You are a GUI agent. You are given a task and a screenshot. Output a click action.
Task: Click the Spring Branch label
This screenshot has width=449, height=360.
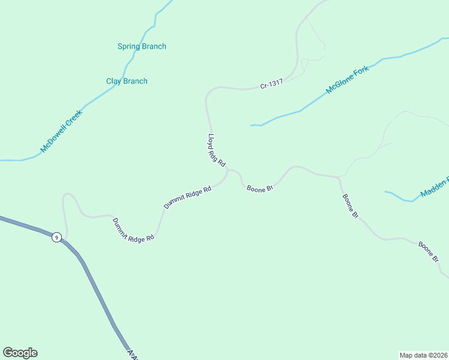(142, 47)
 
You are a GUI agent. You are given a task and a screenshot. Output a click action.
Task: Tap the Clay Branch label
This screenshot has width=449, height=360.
(127, 82)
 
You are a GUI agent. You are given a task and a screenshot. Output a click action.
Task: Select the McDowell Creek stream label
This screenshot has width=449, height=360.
(61, 130)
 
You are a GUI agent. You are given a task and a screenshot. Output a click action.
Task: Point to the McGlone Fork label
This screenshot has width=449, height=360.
(347, 80)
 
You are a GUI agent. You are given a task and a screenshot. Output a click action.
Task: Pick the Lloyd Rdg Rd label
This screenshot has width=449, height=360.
(216, 150)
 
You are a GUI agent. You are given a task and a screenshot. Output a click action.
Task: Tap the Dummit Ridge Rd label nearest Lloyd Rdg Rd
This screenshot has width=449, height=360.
(188, 197)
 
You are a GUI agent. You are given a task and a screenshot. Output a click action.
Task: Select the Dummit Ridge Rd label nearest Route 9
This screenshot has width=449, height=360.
(133, 230)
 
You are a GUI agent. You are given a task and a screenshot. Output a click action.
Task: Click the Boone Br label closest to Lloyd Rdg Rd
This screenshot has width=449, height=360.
(260, 188)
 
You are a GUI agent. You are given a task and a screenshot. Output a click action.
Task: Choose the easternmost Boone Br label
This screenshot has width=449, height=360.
(429, 251)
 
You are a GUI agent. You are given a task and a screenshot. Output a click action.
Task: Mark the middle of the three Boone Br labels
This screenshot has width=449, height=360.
(350, 205)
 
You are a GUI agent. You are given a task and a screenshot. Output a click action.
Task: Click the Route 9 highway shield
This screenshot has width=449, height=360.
(56, 237)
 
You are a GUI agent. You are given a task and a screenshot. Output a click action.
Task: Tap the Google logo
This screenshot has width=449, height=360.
(20, 353)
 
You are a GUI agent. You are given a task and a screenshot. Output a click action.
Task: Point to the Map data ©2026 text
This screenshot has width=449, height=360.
(423, 355)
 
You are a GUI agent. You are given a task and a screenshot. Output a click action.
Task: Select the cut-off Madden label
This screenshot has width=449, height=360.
(435, 187)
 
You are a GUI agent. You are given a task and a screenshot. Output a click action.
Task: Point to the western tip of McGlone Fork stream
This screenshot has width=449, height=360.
(251, 125)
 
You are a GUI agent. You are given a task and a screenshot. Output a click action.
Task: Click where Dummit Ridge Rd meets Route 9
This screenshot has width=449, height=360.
(66, 239)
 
